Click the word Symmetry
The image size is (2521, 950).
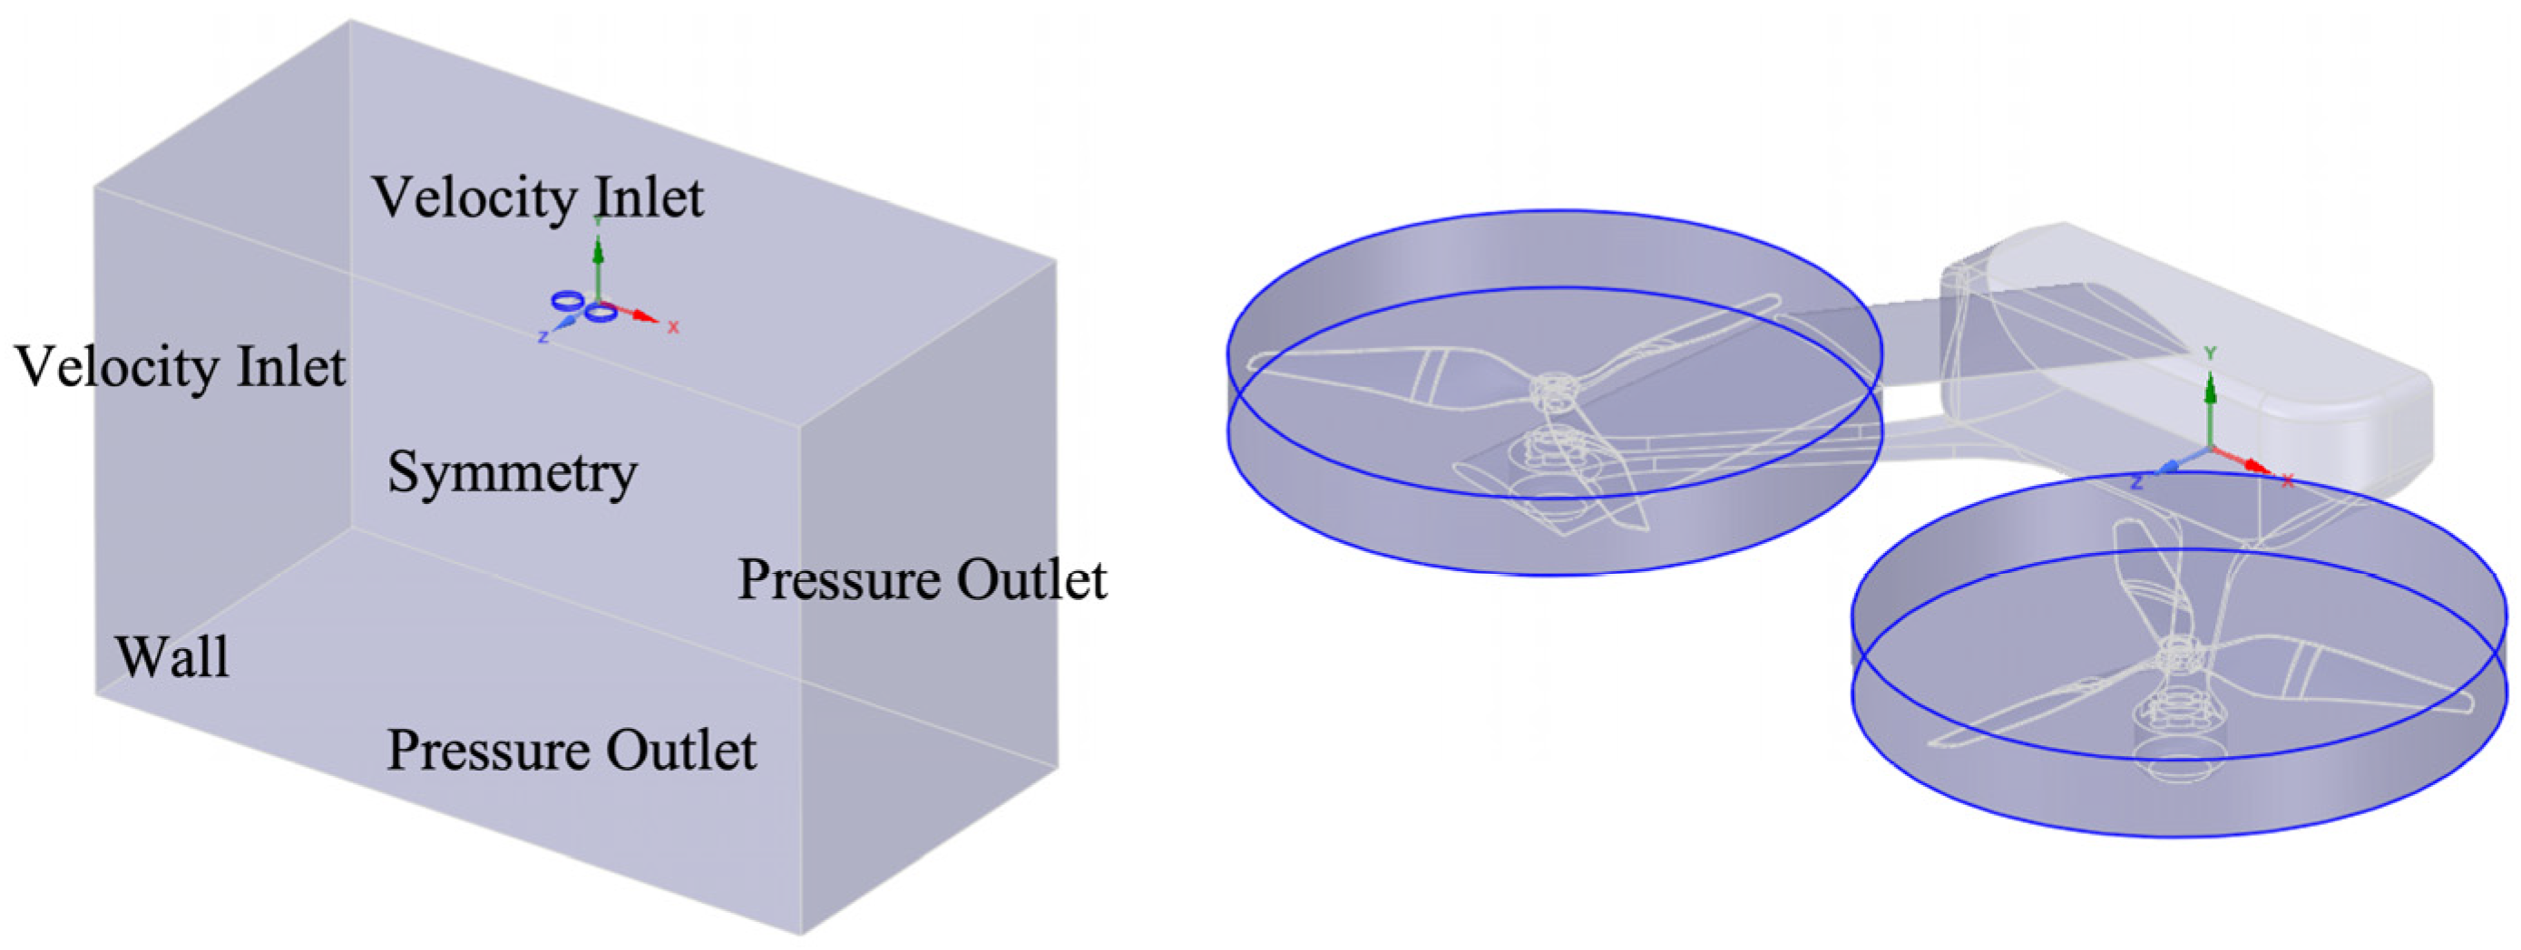[x=512, y=473]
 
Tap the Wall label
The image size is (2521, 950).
[x=172, y=656]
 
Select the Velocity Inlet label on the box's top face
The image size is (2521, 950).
[x=537, y=199]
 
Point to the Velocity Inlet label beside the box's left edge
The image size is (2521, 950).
[x=180, y=368]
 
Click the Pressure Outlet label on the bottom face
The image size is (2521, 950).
[x=572, y=751]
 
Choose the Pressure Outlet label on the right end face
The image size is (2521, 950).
[x=922, y=579]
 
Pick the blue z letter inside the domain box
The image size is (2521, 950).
[x=543, y=337]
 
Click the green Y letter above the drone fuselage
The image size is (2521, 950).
[x=2209, y=354]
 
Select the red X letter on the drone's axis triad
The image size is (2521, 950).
[x=2288, y=480]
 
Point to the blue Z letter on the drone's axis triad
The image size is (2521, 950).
[x=2137, y=482]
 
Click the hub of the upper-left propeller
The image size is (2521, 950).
[x=1551, y=391]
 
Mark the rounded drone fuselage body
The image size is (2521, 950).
[x=2183, y=323]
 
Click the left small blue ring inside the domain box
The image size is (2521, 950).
[x=567, y=299]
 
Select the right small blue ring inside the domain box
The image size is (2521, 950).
[x=601, y=313]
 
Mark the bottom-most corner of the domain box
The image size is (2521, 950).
[x=800, y=933]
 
